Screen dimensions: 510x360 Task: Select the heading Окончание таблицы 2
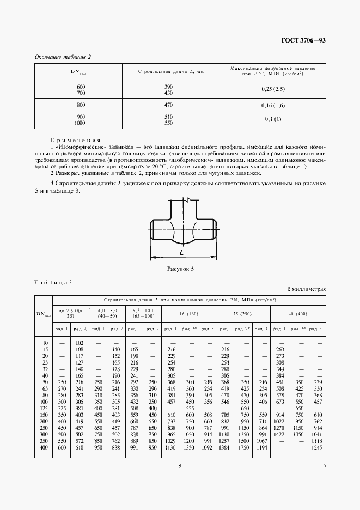click(x=62, y=57)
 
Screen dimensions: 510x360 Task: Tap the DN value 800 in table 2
click(x=81, y=104)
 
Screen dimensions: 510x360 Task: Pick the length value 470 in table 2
click(x=168, y=104)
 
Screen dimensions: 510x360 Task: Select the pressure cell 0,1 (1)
click(x=273, y=119)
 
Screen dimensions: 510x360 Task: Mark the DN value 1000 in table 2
click(x=81, y=123)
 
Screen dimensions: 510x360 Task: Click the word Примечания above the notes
click(x=75, y=140)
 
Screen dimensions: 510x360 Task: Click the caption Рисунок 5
click(x=180, y=269)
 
